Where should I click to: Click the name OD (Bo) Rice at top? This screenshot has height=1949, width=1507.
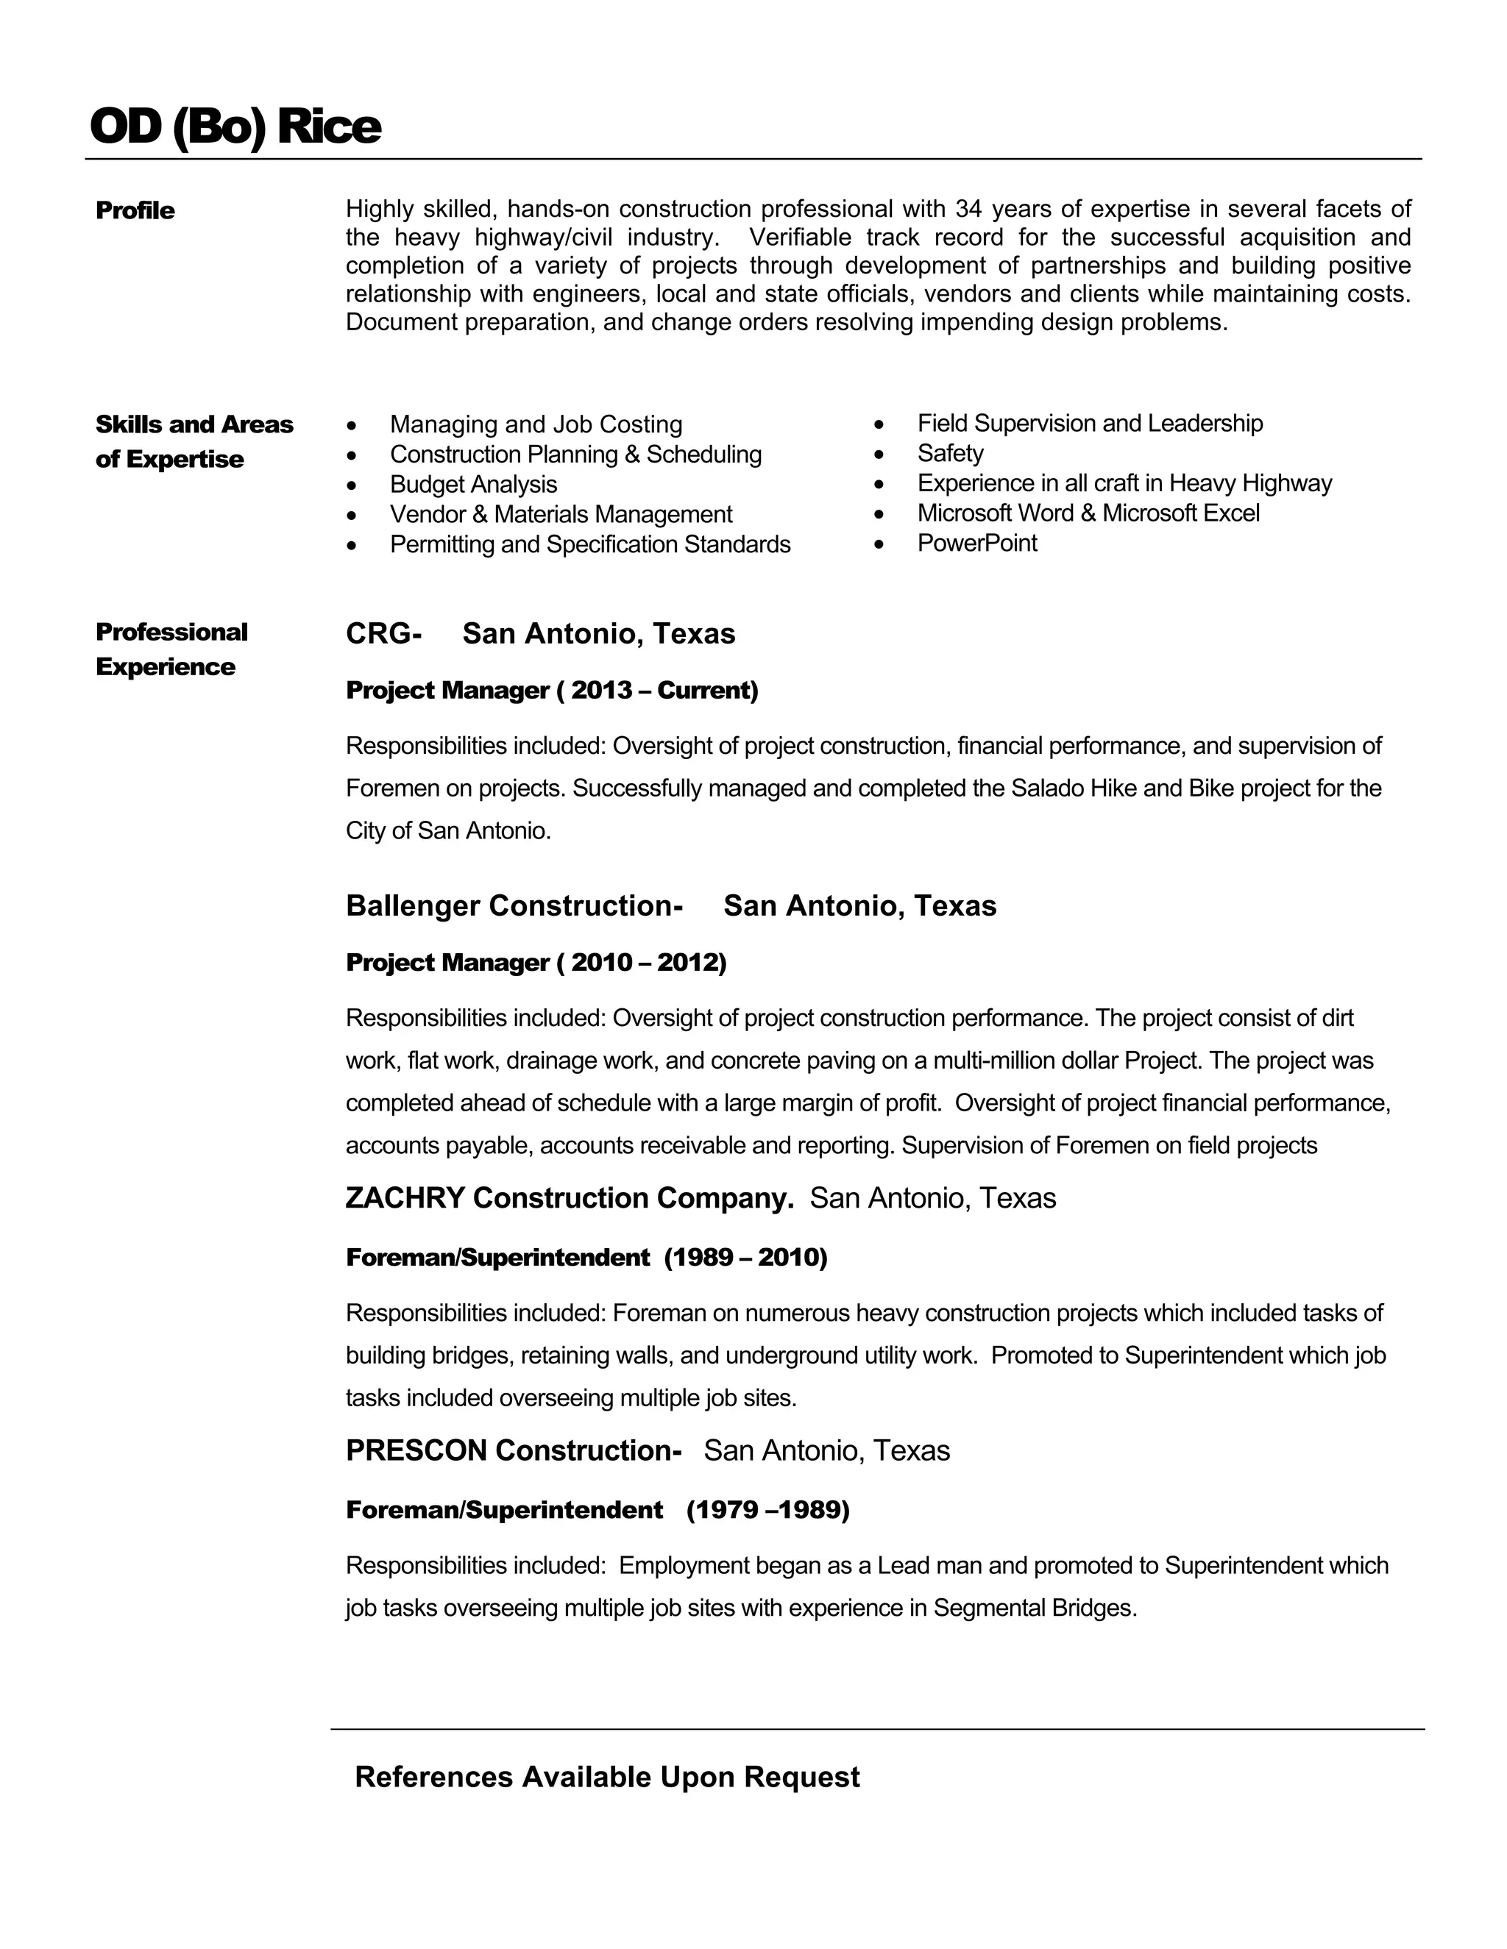tap(235, 126)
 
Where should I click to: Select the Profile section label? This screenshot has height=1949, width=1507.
tap(135, 210)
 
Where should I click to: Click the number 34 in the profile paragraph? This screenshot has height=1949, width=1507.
tap(968, 209)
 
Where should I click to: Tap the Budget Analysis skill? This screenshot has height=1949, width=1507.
tap(473, 485)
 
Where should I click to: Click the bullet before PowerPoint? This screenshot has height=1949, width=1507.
tap(879, 544)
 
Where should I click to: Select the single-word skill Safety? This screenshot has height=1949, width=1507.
tap(950, 453)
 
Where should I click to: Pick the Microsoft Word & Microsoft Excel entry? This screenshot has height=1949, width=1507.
tap(1088, 513)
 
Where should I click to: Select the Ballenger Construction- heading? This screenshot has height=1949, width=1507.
tap(514, 906)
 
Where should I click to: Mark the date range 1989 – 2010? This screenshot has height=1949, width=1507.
tap(745, 1258)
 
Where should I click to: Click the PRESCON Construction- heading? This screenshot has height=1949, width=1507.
tap(514, 1450)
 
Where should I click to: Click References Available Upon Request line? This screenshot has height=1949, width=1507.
tap(607, 1777)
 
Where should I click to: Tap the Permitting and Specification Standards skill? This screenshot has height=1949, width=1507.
tap(589, 544)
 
